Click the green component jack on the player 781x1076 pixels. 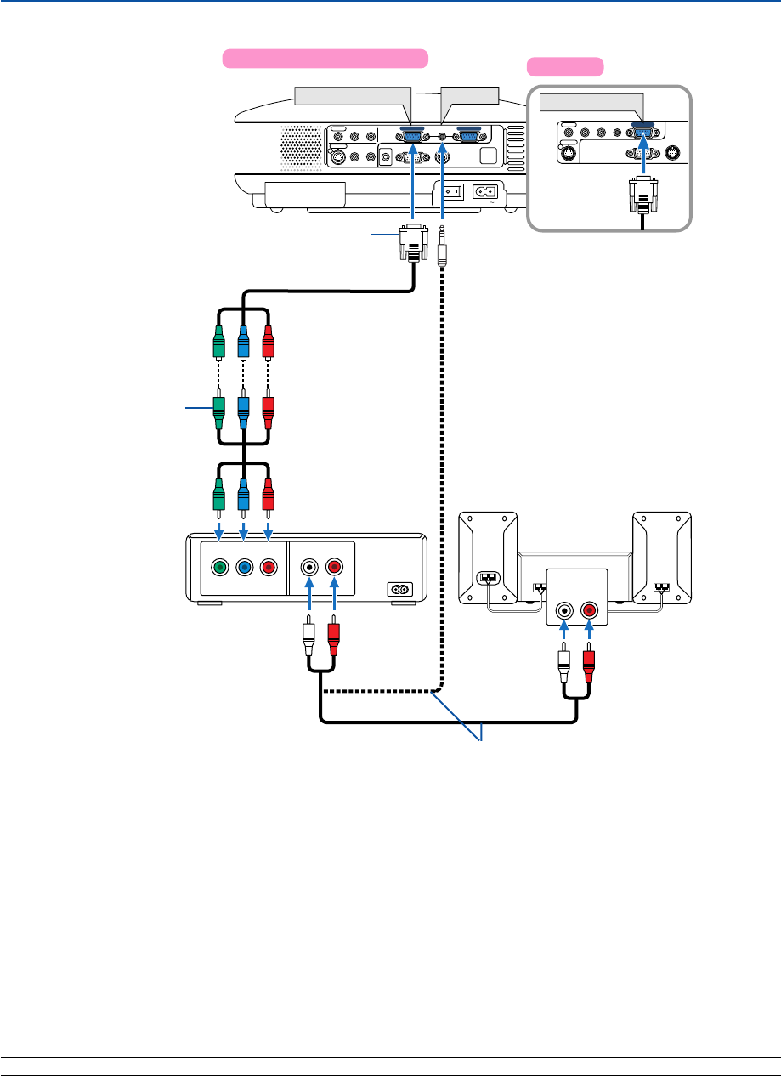pyautogui.click(x=219, y=566)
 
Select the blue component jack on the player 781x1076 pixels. pyautogui.click(x=244, y=566)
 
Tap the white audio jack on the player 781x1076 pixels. pyautogui.click(x=311, y=566)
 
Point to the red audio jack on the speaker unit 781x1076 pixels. pyautogui.click(x=588, y=610)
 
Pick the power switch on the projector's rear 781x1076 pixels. pyautogui.click(x=456, y=191)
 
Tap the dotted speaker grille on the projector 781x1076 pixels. pyautogui.click(x=297, y=145)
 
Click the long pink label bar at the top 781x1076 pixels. pyautogui.click(x=325, y=58)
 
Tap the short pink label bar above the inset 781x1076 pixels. pyautogui.click(x=565, y=66)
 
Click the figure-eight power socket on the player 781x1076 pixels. pyautogui.click(x=399, y=588)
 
